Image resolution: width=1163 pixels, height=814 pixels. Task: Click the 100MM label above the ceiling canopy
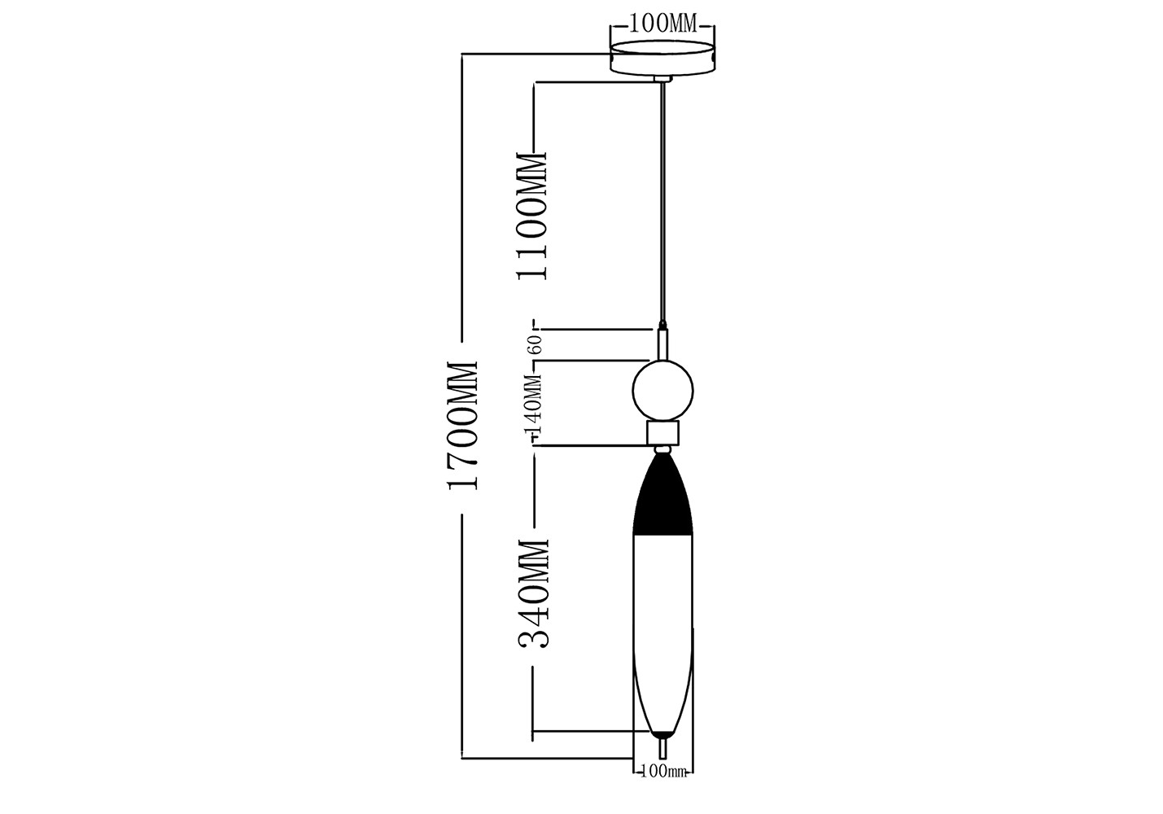tap(662, 24)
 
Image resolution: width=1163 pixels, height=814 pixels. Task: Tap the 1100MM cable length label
tap(531, 216)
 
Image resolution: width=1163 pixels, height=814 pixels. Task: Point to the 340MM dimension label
tap(533, 593)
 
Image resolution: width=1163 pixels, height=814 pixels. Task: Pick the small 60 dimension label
tap(536, 344)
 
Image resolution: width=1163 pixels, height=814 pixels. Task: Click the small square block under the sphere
tap(662, 433)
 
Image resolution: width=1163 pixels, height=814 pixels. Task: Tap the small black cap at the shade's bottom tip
tap(662, 734)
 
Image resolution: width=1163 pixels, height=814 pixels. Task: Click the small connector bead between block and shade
tap(662, 449)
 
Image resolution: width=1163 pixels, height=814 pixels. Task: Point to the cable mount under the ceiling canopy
tap(662, 79)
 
